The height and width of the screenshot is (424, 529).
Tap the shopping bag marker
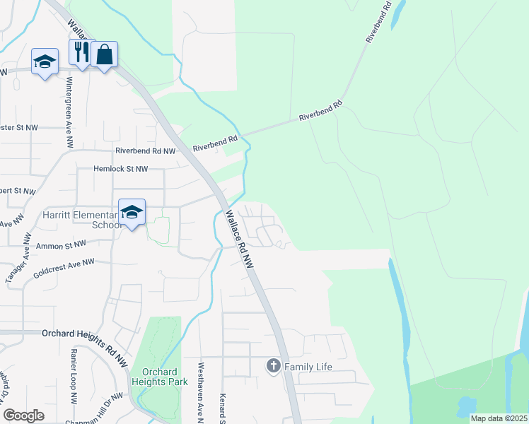point(104,54)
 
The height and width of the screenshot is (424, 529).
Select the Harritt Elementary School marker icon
point(132,211)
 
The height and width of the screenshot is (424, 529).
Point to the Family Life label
point(308,367)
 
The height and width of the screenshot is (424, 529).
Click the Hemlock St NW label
point(121,169)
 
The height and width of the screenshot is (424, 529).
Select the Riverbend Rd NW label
point(145,151)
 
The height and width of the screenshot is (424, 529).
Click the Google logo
point(23,415)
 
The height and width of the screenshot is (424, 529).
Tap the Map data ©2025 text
point(499,418)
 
